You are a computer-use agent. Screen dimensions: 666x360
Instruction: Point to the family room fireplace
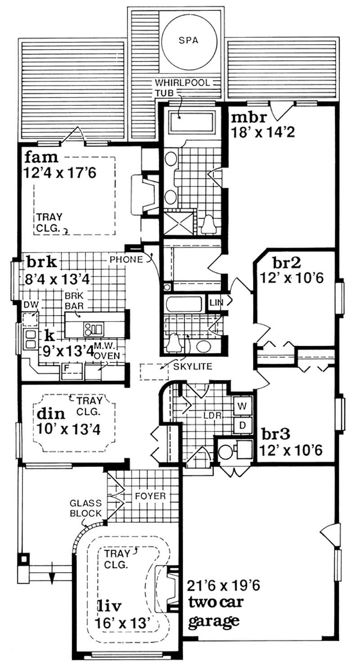click(x=144, y=195)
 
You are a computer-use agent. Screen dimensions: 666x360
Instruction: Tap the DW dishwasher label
click(x=30, y=305)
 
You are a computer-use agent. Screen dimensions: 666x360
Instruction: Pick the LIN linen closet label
click(x=216, y=303)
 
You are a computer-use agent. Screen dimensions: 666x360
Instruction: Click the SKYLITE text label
click(x=192, y=367)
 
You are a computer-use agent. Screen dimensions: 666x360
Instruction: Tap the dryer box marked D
click(x=242, y=424)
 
